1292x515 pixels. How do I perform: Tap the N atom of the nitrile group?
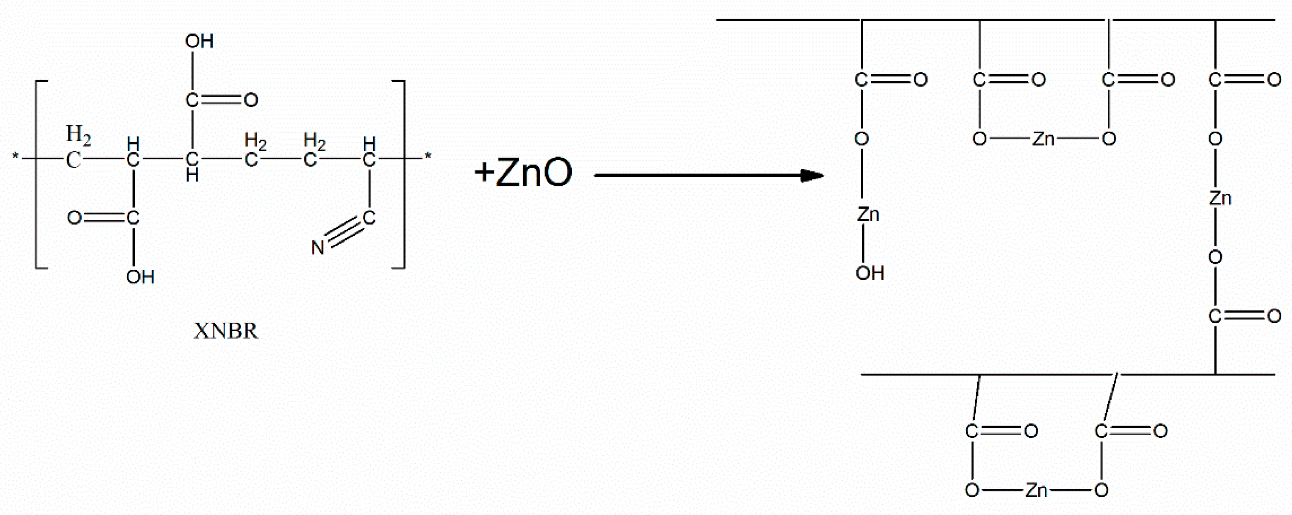(x=318, y=247)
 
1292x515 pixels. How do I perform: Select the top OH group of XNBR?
(x=199, y=41)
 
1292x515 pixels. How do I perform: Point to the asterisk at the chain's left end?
(x=15, y=158)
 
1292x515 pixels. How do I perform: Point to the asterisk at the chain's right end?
(x=427, y=156)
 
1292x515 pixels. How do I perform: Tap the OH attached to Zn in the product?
(x=869, y=273)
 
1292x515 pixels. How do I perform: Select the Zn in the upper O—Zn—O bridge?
(x=1043, y=139)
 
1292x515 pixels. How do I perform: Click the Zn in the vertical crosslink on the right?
(x=1220, y=198)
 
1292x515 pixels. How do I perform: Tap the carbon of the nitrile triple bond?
(x=369, y=218)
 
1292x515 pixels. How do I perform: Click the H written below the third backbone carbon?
(x=192, y=176)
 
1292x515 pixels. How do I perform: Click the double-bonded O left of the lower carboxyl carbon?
(x=74, y=218)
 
